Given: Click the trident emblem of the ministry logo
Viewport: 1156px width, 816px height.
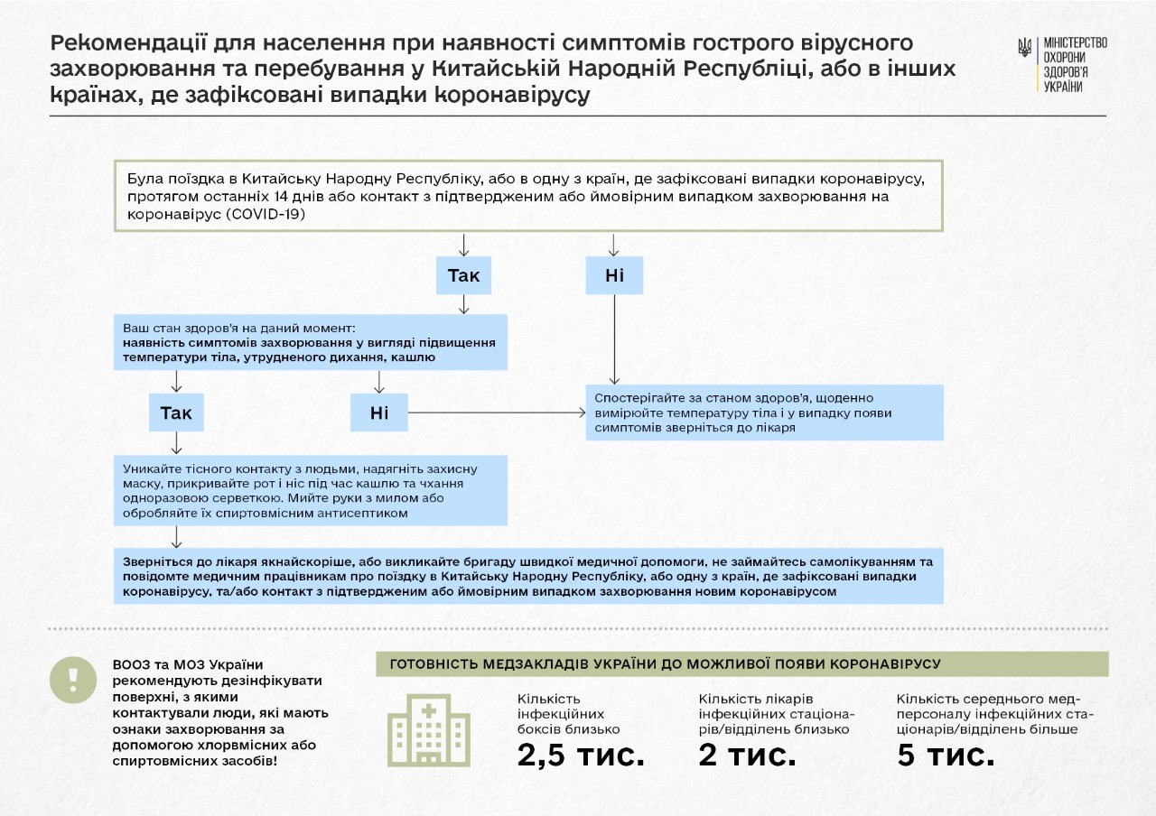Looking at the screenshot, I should pos(1024,48).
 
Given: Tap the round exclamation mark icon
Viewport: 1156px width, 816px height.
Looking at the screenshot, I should pos(72,680).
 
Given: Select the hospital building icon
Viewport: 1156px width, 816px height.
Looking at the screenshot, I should pos(429,730).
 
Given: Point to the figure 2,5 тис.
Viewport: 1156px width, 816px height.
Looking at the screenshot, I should pos(581,755).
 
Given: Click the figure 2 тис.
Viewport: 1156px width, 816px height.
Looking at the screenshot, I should pos(748,755).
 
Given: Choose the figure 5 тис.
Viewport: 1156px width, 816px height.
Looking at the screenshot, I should pos(946,755).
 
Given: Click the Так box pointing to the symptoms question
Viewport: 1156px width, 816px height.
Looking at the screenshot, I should pos(463,275).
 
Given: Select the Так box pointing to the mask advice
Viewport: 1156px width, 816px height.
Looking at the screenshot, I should pos(176,413).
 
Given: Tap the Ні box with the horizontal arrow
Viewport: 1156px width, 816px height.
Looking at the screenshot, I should pos(379,413).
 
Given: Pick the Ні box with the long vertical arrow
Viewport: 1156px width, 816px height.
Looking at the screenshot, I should pos(614,275).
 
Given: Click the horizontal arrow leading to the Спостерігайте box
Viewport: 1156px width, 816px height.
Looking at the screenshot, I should pos(497,413).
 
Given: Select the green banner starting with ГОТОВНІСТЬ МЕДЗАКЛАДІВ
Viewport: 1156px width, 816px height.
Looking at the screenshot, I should pos(741,663).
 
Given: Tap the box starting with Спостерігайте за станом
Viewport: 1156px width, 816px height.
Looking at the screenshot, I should pos(764,413).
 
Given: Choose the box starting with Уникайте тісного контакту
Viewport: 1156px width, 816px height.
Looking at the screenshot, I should pos(311,490).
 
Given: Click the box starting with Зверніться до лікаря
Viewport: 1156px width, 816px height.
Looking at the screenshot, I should pos(528,576).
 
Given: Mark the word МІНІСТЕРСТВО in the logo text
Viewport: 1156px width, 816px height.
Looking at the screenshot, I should pos(1075,42).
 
